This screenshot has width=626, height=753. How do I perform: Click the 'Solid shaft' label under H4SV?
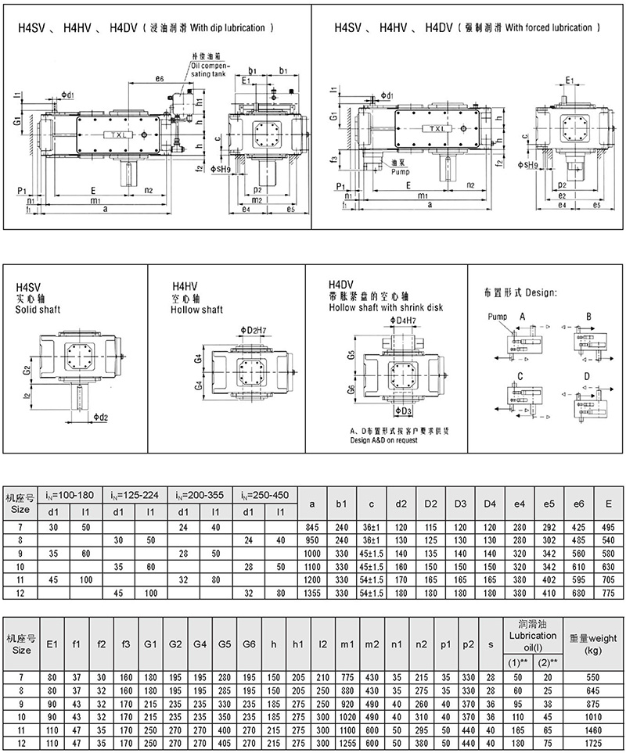(x=38, y=310)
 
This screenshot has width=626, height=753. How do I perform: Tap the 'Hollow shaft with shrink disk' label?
(x=386, y=307)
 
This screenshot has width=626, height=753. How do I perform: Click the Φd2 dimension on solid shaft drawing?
(x=99, y=417)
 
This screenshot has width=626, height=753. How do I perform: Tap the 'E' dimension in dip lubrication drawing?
(x=93, y=189)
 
